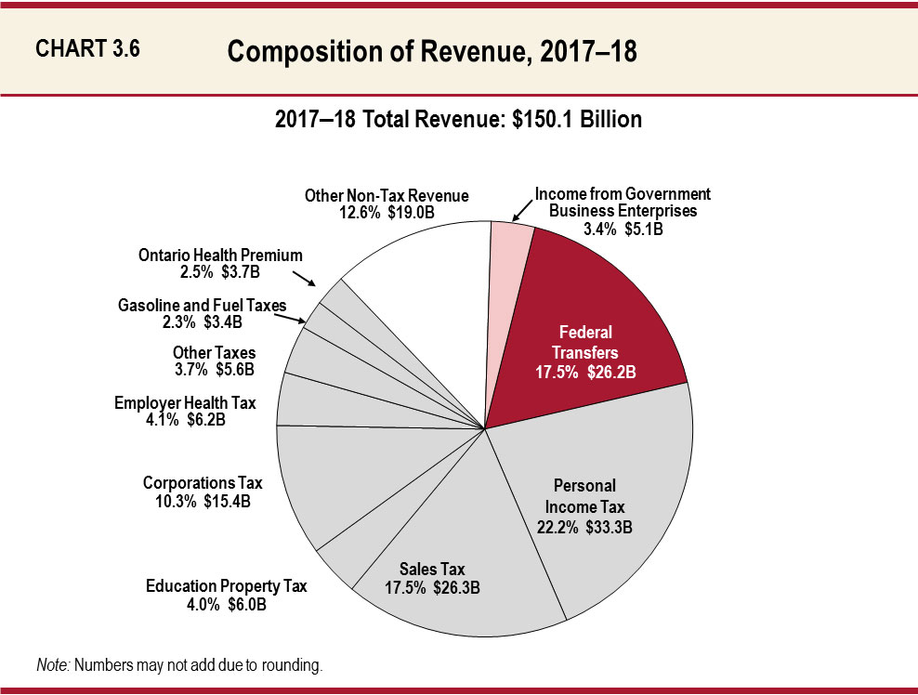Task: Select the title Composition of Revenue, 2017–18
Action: coord(432,52)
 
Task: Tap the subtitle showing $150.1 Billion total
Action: coord(458,120)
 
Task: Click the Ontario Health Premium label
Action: coord(220,263)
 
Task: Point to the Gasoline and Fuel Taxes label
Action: coord(202,313)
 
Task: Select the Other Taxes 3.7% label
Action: coord(214,361)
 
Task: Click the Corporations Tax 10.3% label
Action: coord(203,492)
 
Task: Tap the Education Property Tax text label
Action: coord(226,595)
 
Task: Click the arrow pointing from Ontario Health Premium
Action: coord(305,279)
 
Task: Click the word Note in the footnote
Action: coord(52,665)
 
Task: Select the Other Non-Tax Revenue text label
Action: coord(387,203)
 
